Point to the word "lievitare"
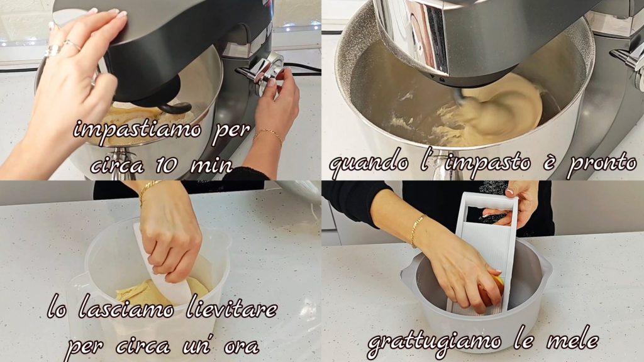pos(232,308)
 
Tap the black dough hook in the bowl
pos(175,107)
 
